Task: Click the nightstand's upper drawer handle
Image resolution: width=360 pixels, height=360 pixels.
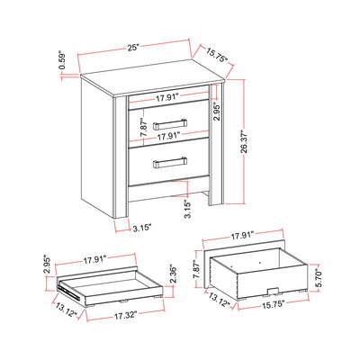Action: click(168, 122)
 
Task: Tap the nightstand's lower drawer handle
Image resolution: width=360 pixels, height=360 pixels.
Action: click(168, 163)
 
